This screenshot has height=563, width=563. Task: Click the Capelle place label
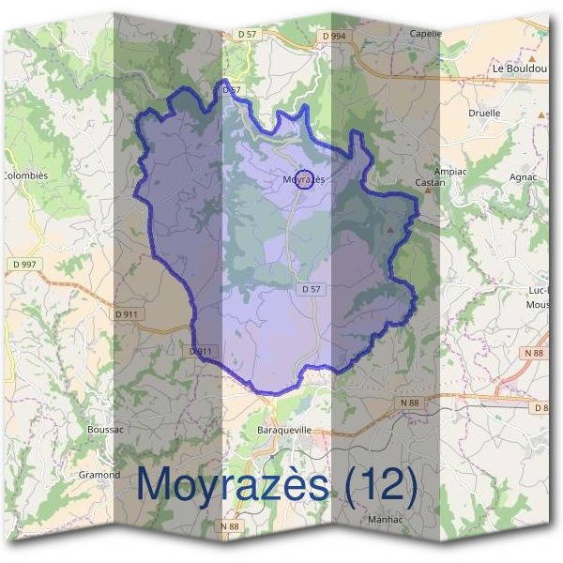[425, 33]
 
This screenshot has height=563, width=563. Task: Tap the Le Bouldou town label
[518, 68]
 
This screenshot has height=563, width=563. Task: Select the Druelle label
[484, 114]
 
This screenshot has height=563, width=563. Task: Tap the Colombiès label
[24, 175]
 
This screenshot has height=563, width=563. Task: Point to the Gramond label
[99, 475]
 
